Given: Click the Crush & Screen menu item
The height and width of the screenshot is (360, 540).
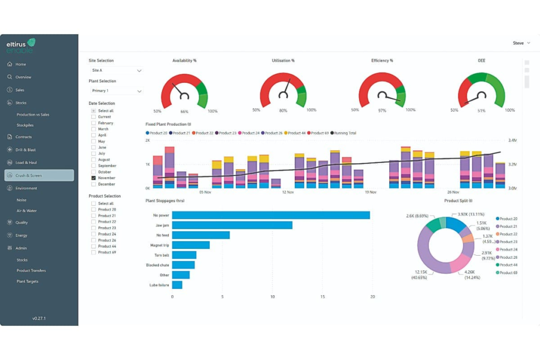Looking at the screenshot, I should click(39, 176).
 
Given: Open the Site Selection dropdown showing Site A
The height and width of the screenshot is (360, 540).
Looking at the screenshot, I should click(116, 70).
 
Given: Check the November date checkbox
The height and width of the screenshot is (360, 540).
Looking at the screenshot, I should click(93, 178).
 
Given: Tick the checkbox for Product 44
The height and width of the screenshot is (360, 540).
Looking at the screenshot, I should click(93, 246).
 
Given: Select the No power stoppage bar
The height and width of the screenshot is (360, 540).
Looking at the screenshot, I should click(271, 215).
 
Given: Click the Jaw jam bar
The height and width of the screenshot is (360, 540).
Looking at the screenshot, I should click(232, 225).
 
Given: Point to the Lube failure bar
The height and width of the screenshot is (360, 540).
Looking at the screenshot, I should click(177, 285).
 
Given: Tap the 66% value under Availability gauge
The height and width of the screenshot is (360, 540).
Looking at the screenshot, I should click(184, 112).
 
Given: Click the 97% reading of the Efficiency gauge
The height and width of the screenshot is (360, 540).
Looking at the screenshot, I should click(382, 111).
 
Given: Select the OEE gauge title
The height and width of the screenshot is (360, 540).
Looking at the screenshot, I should click(481, 61).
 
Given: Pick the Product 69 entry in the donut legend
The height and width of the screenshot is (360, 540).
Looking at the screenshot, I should click(508, 273).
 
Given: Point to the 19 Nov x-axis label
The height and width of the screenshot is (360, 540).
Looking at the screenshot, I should click(371, 192).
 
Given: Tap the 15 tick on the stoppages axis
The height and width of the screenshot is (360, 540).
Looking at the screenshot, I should click(322, 297).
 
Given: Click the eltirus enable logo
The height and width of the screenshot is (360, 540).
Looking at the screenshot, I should click(21, 45).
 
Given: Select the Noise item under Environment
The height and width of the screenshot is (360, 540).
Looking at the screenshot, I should click(22, 200).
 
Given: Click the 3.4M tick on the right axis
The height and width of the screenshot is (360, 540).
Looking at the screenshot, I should click(512, 141).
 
